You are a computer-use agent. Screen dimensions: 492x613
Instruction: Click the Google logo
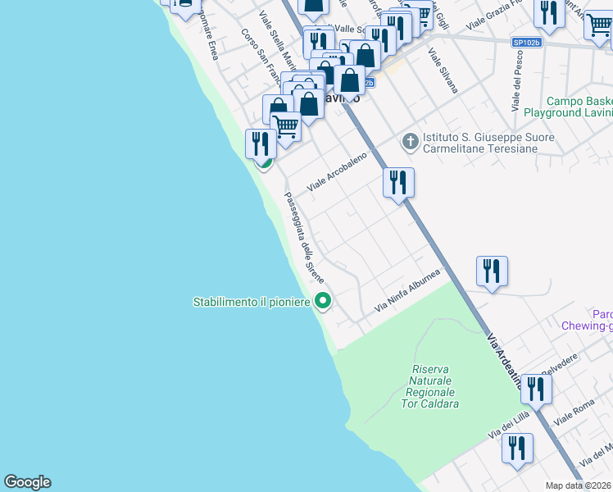tap(27, 482)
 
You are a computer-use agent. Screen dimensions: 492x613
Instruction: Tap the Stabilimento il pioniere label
tap(252, 303)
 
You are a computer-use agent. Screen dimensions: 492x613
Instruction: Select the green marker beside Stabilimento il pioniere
tap(323, 302)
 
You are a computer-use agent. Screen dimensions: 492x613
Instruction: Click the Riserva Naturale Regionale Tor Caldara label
tap(435, 387)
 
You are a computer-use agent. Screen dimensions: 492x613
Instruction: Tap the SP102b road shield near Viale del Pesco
tap(527, 42)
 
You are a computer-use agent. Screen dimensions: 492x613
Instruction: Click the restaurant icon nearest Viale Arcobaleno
tap(398, 184)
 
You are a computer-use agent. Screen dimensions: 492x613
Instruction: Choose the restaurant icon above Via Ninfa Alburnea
tap(492, 271)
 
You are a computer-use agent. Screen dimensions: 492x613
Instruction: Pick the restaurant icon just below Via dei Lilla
tap(517, 449)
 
